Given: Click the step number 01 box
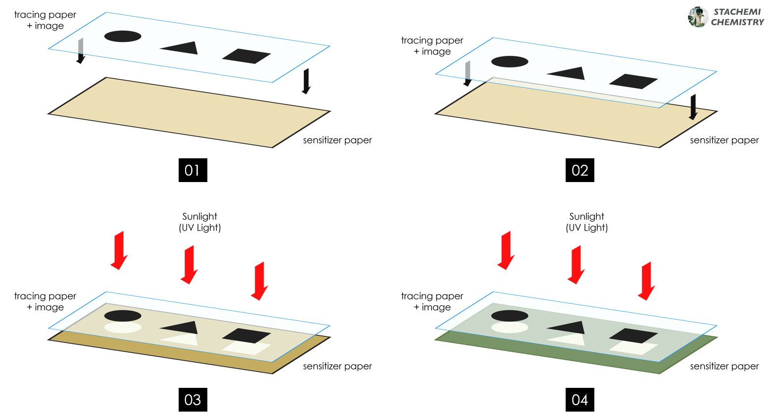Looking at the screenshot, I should click(x=193, y=170).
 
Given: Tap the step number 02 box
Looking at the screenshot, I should click(x=580, y=170).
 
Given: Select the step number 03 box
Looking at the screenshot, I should click(x=193, y=400).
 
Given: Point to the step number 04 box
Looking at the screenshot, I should click(x=580, y=400).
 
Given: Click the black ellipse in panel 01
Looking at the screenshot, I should click(x=123, y=36).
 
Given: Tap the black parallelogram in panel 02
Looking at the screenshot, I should click(x=633, y=81).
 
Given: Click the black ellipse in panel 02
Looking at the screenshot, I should click(x=510, y=62).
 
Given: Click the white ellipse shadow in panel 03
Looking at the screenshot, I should click(x=123, y=327).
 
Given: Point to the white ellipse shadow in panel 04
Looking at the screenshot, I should click(x=510, y=327).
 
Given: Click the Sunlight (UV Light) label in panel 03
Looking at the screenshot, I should click(x=199, y=222).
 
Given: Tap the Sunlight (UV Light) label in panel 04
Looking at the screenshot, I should click(x=586, y=222).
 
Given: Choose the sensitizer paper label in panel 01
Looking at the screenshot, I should click(x=337, y=140).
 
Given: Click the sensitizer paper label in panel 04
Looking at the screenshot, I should click(x=724, y=366).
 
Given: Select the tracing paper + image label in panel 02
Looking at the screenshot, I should click(x=432, y=46).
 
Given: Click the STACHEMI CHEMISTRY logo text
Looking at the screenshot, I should click(x=737, y=17).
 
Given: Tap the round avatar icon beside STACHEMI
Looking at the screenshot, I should click(x=698, y=17).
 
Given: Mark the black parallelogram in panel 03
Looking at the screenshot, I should click(x=246, y=335).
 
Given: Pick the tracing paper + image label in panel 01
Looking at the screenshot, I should click(x=45, y=20).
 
